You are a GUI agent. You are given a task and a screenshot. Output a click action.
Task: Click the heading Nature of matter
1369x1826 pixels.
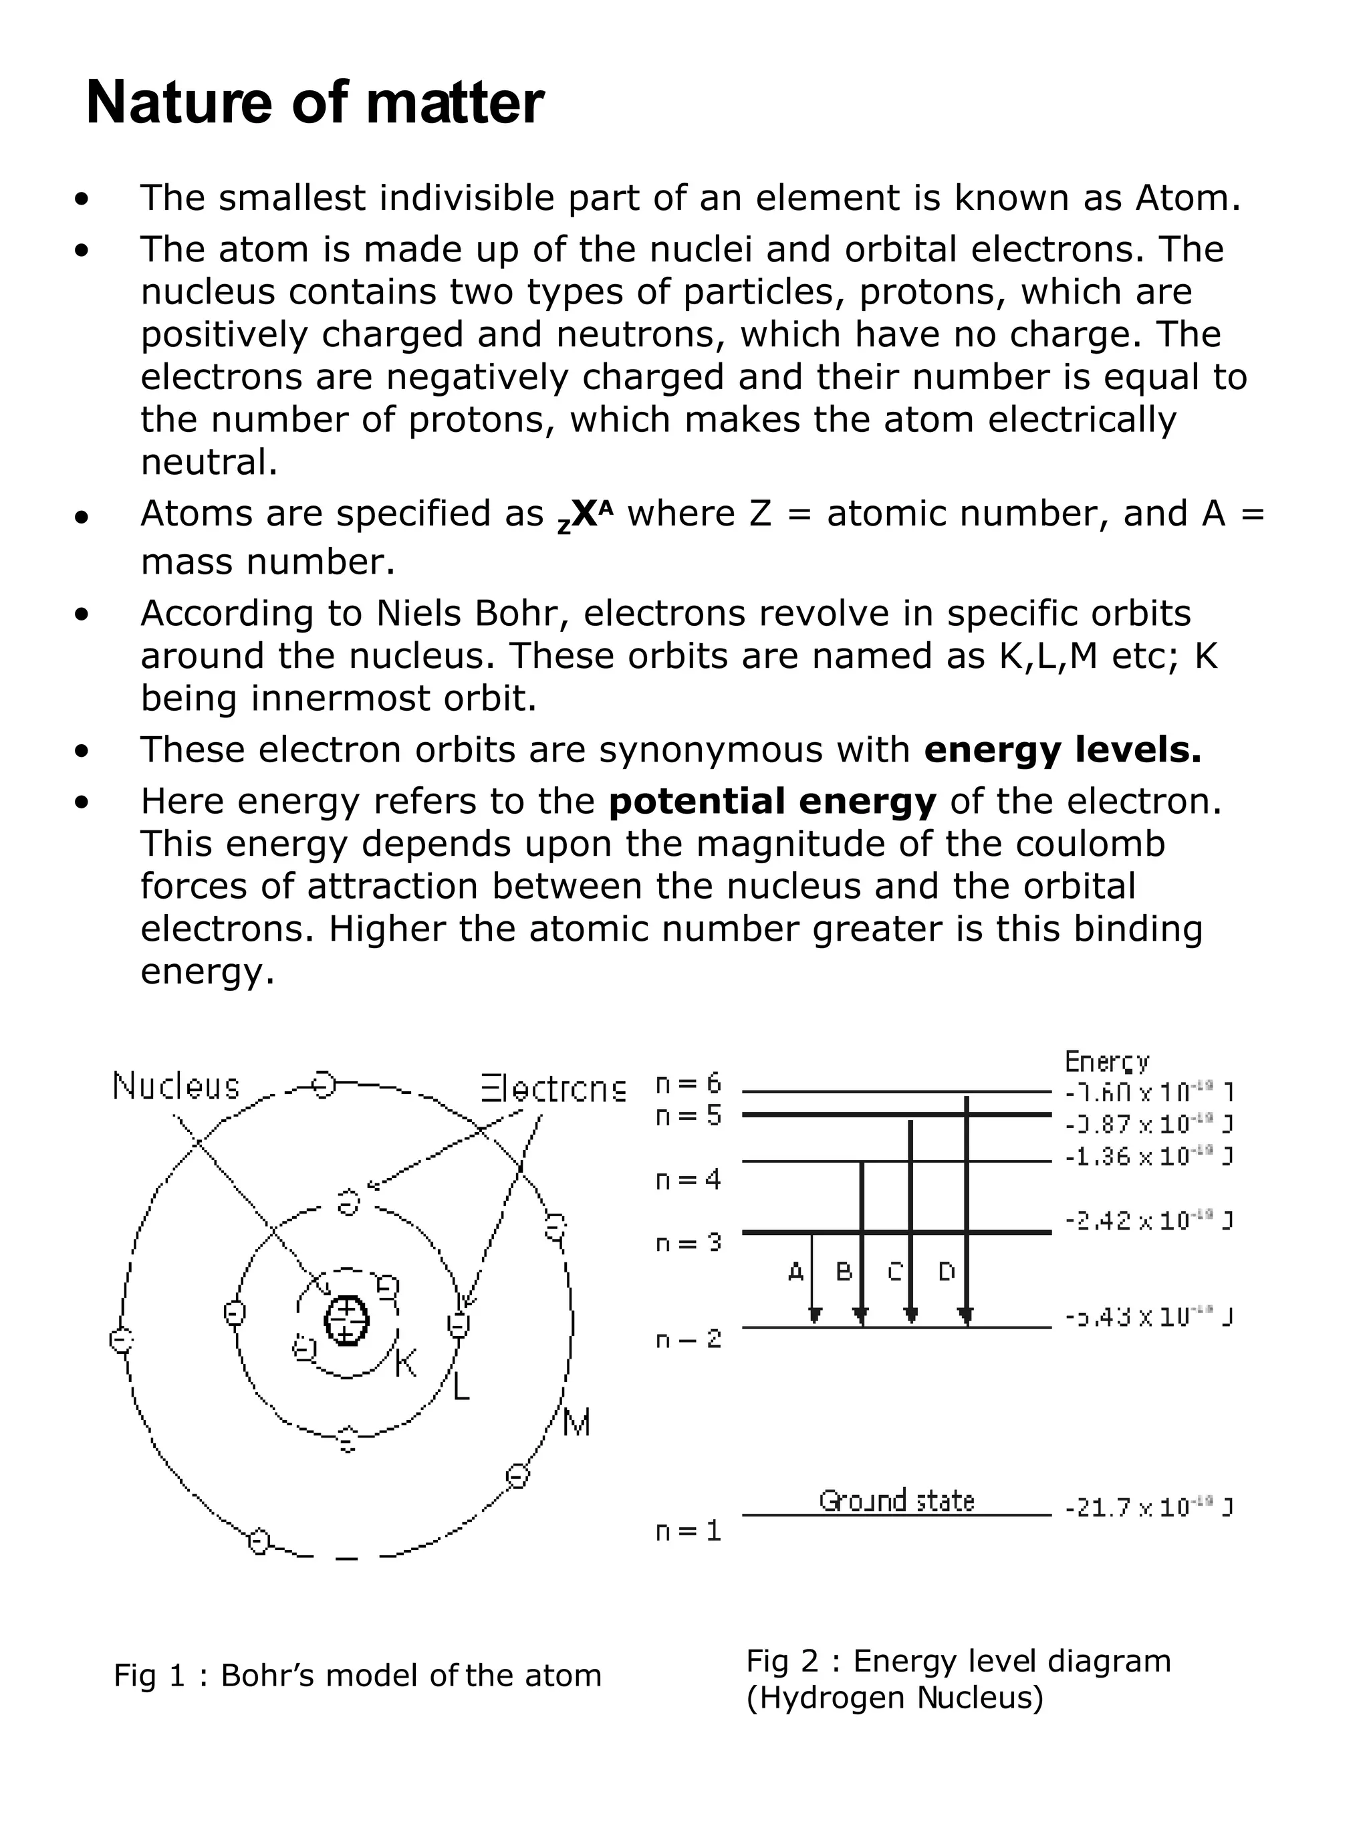pyautogui.click(x=314, y=102)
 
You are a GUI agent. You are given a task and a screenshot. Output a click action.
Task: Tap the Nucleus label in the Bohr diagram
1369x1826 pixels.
pyautogui.click(x=176, y=1087)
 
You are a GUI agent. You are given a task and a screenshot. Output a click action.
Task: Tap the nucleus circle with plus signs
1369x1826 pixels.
pyautogui.click(x=346, y=1321)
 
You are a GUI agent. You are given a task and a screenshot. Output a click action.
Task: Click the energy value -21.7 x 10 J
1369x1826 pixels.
pyautogui.click(x=1148, y=1508)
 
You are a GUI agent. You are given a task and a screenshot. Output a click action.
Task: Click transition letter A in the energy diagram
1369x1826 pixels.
pyautogui.click(x=795, y=1272)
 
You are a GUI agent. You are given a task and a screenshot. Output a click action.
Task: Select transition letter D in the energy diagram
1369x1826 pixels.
pyautogui.click(x=947, y=1272)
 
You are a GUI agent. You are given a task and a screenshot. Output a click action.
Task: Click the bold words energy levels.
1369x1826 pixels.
pyautogui.click(x=1062, y=750)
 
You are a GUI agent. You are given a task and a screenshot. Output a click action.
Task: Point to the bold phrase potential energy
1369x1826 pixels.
pyautogui.click(x=772, y=802)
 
